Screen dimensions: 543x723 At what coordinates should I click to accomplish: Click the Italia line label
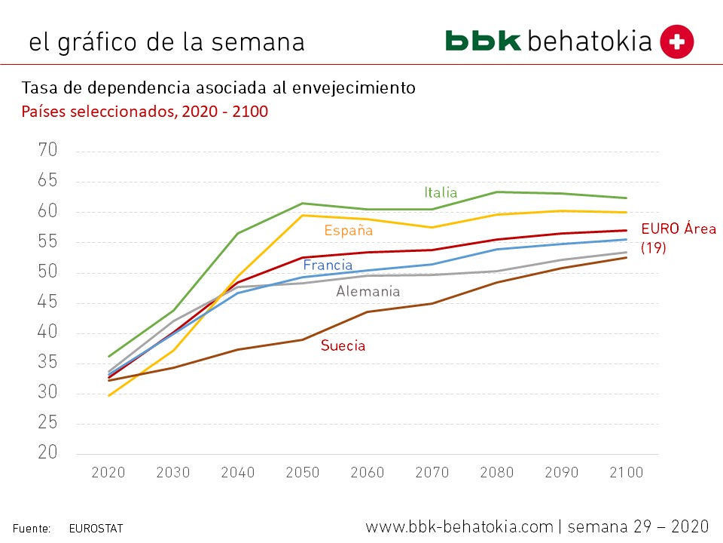coord(441,192)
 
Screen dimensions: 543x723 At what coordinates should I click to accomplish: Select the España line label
coord(348,231)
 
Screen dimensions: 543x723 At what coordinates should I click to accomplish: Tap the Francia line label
coord(328,265)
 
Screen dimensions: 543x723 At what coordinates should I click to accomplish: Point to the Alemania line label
coord(368,291)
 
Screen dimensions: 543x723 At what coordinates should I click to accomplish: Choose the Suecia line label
coord(343,346)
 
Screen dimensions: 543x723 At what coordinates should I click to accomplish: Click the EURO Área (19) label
coord(678,238)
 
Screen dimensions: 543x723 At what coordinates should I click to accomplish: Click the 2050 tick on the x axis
coord(303,473)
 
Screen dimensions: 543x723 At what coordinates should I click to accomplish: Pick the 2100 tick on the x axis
coord(626,473)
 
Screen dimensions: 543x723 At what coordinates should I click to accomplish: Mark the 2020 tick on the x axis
coord(108,473)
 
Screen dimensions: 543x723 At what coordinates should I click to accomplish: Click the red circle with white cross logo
coord(676,41)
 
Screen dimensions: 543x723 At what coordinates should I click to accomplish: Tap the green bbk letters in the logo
coord(483,41)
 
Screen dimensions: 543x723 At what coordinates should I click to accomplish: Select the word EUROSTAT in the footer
coord(96,529)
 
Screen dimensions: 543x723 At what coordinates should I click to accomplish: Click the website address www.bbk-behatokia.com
coord(459,526)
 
